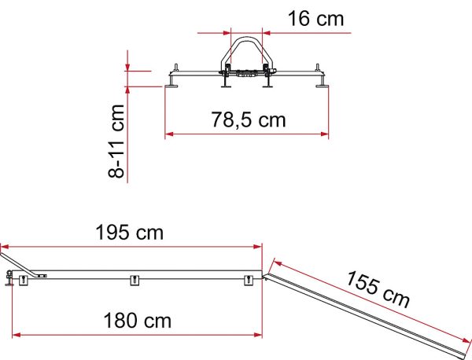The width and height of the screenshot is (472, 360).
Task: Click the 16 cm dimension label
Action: pos(315,18)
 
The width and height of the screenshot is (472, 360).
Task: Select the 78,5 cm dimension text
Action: pos(249,119)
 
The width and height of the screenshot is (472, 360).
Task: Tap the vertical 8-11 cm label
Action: pos(116,141)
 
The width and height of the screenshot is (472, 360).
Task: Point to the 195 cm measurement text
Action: pos(130,233)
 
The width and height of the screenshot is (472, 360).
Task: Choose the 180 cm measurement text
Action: pos(137,321)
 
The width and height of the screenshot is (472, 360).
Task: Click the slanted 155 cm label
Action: pos(378,288)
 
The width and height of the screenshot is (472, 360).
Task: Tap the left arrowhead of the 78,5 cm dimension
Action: pos(169,134)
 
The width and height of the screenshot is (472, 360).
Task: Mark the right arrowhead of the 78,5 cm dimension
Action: pos(324,134)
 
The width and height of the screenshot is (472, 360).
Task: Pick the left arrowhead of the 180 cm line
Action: pos(17,335)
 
